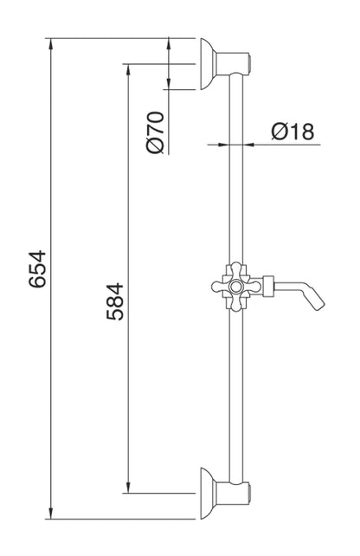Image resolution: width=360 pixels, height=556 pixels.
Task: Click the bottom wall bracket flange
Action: click(208, 494)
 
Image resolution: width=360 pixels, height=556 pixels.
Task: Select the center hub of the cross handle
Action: click(236, 283)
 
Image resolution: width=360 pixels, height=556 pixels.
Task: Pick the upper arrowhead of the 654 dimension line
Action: click(51, 43)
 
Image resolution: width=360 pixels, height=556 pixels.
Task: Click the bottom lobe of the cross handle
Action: click(236, 302)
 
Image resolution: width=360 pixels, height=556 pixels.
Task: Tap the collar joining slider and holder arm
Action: click(268, 283)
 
